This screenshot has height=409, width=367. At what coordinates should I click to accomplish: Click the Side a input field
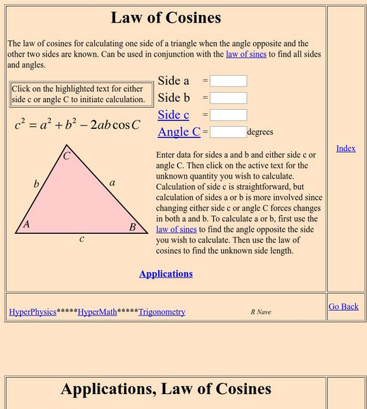click(x=228, y=81)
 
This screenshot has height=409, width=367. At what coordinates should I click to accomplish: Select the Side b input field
click(x=228, y=98)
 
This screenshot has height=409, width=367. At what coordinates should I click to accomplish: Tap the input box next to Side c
click(x=228, y=115)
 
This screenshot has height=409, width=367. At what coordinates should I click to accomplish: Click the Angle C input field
click(x=228, y=132)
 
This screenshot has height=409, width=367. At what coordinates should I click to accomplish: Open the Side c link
click(x=173, y=115)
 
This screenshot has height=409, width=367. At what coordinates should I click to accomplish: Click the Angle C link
click(x=179, y=132)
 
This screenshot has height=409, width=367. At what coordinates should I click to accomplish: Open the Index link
click(x=346, y=149)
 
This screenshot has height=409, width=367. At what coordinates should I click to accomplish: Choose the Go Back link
click(x=343, y=307)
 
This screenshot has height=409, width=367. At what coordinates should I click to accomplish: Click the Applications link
click(x=166, y=273)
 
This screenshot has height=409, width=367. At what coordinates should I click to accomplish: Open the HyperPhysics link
click(x=32, y=312)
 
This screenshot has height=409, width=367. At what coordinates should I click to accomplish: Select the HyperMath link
click(x=97, y=312)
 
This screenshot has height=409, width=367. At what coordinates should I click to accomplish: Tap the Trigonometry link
click(x=162, y=312)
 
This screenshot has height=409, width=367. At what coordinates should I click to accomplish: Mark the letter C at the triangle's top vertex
click(x=67, y=156)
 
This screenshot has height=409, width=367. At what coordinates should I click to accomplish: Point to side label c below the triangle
click(x=82, y=239)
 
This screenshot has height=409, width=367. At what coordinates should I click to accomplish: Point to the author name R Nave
click(x=261, y=312)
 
